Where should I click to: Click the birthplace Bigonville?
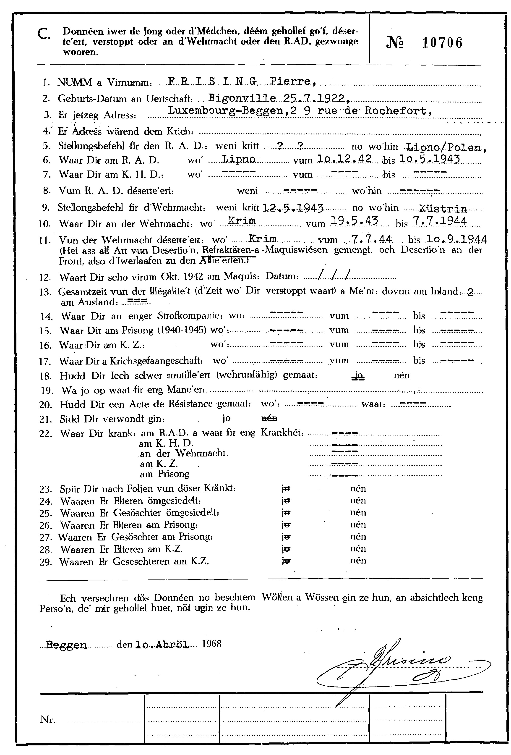242,98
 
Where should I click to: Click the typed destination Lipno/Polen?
446,147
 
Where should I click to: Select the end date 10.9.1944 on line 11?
456,239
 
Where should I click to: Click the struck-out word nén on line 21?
269,418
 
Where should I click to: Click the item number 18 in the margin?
46,376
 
